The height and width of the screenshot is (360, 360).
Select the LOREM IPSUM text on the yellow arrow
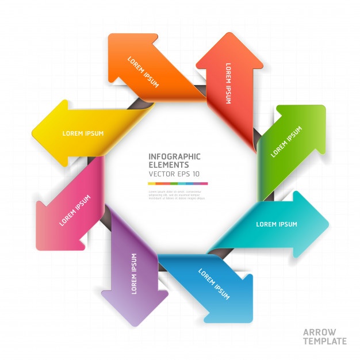(83, 133)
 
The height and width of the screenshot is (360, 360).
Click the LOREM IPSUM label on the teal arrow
(276, 224)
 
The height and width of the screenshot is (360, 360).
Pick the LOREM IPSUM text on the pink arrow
(75, 210)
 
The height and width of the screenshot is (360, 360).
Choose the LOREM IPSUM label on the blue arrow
(214, 284)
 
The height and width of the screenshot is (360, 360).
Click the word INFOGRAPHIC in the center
(174, 156)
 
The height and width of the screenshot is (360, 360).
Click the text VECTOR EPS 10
(174, 174)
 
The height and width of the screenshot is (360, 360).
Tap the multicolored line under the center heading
(178, 183)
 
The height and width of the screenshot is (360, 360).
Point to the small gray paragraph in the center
(175, 195)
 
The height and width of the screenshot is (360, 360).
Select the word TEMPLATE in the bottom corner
(325, 341)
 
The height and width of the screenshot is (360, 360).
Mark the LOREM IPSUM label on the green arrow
(286, 142)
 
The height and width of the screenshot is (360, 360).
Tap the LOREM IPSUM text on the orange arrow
(143, 71)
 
